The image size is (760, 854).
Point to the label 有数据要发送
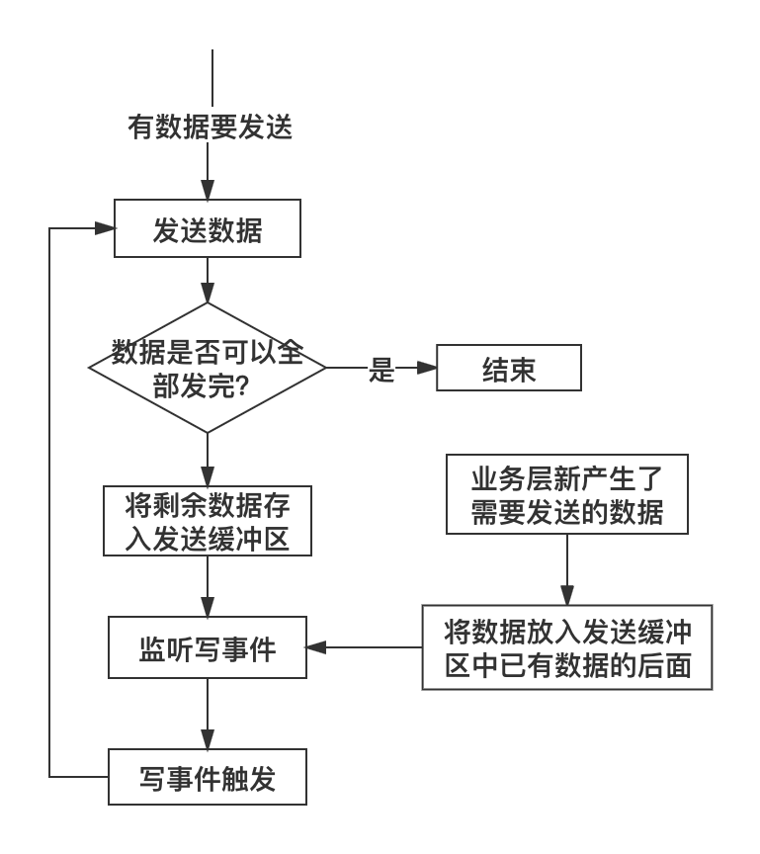[211, 127]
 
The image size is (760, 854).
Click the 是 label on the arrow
[381, 370]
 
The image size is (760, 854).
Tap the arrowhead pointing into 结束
[426, 368]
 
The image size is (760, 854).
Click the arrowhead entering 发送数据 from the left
[104, 228]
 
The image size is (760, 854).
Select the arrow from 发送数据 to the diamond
[208, 280]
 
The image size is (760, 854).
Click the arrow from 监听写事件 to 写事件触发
[208, 714]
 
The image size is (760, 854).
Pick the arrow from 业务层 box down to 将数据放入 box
[567, 569]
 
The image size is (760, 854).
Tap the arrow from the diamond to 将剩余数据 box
[208, 460]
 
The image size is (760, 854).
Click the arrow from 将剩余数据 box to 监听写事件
[208, 586]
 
